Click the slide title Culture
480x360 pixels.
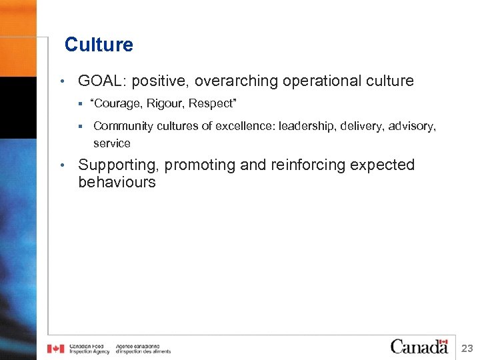(x=99, y=45)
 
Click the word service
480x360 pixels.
(x=111, y=143)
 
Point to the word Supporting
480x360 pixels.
(x=118, y=165)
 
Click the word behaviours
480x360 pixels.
(x=117, y=182)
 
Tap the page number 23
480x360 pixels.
(x=467, y=347)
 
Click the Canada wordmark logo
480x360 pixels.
(x=419, y=346)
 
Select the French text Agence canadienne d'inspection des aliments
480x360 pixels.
(x=143, y=349)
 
